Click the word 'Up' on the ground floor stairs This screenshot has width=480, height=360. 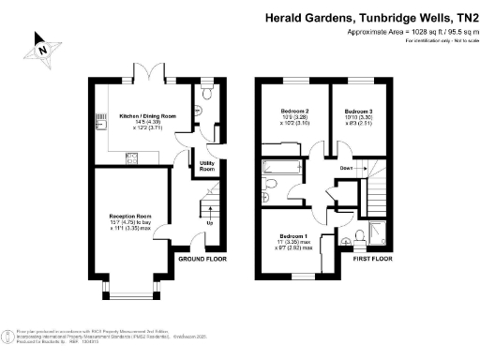coord(208,222)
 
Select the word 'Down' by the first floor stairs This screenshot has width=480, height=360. coord(347,169)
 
